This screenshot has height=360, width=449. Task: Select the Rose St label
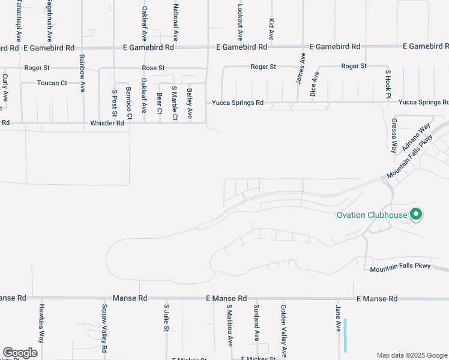click(153, 68)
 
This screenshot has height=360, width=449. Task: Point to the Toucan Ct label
click(52, 83)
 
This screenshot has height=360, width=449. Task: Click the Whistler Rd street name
click(107, 123)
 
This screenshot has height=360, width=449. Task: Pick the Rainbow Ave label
click(82, 74)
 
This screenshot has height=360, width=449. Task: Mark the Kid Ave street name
click(271, 29)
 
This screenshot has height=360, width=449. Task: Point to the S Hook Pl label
click(388, 85)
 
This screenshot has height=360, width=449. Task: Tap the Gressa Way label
click(394, 136)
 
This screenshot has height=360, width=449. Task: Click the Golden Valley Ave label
click(283, 330)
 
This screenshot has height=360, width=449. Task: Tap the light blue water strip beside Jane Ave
click(345, 335)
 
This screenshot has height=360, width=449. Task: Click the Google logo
click(20, 353)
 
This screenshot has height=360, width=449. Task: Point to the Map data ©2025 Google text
click(411, 355)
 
